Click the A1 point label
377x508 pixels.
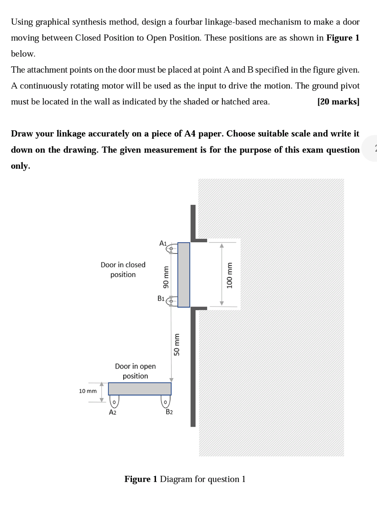click(163, 243)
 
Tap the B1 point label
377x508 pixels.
click(161, 299)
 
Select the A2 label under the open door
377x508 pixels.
click(112, 412)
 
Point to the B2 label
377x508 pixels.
click(169, 412)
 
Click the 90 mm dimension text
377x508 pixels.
click(166, 277)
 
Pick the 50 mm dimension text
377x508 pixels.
click(177, 344)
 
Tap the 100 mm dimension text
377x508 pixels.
click(229, 275)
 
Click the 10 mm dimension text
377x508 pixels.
click(88, 391)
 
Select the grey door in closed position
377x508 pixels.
click(184, 275)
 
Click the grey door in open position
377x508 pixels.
click(140, 389)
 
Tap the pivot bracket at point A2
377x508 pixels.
click(114, 401)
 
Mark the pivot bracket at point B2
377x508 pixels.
click(165, 401)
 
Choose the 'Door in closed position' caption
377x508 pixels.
click(123, 270)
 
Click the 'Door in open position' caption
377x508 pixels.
click(135, 371)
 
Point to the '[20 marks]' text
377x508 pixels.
click(338, 102)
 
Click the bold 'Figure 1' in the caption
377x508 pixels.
click(141, 479)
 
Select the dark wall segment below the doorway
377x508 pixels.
click(193, 367)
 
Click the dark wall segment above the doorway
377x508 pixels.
click(193, 222)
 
